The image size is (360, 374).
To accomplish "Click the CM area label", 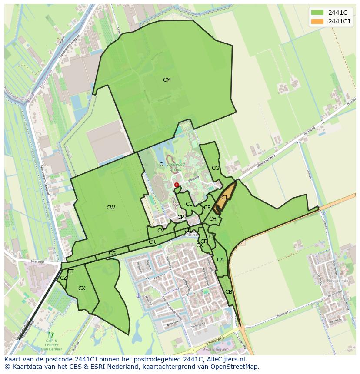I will coord(167,80).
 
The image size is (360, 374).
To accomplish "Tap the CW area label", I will coord(111,208).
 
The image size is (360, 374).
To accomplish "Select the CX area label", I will coord(82,288).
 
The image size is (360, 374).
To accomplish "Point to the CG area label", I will coord(216,168).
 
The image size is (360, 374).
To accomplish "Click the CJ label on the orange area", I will coord(224,198).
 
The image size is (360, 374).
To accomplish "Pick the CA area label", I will coord(220,260).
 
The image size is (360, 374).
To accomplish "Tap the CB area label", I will coord(229,292).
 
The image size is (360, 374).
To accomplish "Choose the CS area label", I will coord(112,253).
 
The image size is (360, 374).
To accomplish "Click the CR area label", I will coord(152,242).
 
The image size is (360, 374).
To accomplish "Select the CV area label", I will coord(161,231).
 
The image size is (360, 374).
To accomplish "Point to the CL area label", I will coord(189,204).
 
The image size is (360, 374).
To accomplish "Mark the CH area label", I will coord(213,219).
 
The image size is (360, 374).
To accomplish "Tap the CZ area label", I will coord(63,278).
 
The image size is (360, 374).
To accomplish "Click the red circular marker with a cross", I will coord(177,185).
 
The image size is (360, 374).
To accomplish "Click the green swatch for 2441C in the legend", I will coord(317,13).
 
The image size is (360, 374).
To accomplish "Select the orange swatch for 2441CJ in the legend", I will coord(317,21).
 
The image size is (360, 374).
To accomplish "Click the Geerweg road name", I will coord(38,262).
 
